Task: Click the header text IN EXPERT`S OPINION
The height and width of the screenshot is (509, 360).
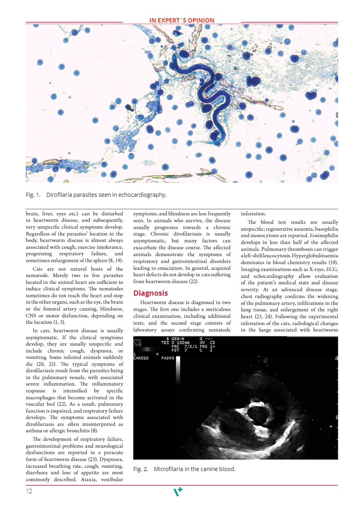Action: [x=182, y=21]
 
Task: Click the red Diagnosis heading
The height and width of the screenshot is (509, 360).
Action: [x=151, y=293]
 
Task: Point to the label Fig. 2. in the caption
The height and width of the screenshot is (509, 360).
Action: [x=140, y=469]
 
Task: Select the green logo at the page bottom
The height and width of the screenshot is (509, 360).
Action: [x=178, y=491]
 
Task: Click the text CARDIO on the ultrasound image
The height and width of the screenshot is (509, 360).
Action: [x=141, y=358]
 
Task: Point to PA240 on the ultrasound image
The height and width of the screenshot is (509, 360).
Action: [x=167, y=358]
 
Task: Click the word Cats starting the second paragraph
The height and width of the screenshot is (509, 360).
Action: [x=41, y=269]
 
